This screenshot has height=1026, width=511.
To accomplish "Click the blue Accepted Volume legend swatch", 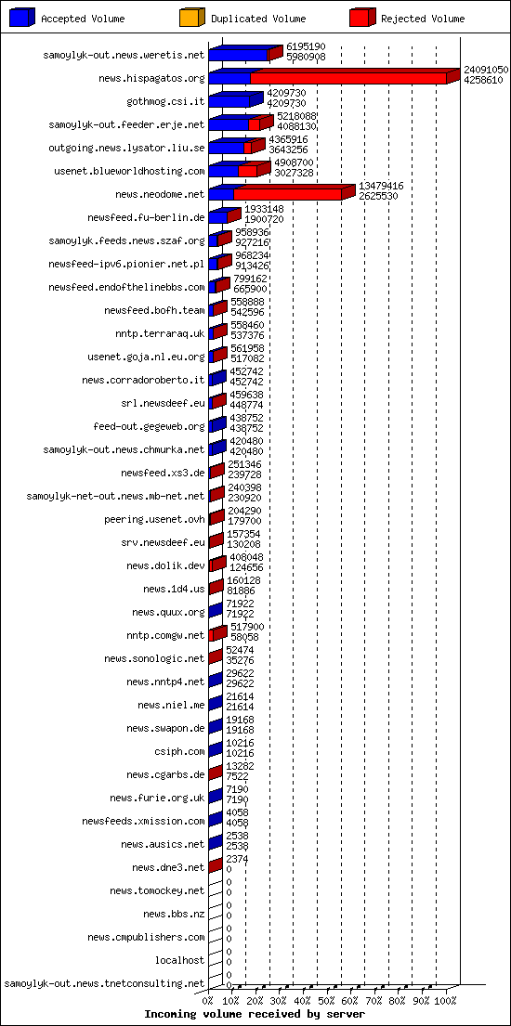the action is click(21, 18).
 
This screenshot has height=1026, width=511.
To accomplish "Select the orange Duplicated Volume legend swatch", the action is click(192, 18).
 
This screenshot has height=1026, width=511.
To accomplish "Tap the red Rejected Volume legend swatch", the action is click(362, 18).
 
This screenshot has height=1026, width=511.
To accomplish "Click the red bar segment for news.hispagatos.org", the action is click(348, 78).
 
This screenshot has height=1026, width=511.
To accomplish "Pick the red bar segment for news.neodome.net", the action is click(288, 194).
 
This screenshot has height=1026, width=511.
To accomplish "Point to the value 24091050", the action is click(486, 70).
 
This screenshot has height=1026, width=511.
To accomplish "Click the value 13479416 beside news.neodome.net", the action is click(381, 186).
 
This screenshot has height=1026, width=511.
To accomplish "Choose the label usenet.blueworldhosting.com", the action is click(130, 172).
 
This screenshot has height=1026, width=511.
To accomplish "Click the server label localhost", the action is click(179, 961).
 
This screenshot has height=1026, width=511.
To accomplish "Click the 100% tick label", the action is click(445, 1001).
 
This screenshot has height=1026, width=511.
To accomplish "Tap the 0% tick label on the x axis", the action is click(208, 1001).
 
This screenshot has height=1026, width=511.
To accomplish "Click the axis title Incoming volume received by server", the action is click(255, 1014).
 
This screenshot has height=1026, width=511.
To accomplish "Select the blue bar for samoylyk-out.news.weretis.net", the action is click(239, 55).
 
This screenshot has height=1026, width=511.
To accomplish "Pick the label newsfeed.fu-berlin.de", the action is click(146, 218).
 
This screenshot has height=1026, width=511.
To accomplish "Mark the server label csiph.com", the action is click(182, 751).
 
